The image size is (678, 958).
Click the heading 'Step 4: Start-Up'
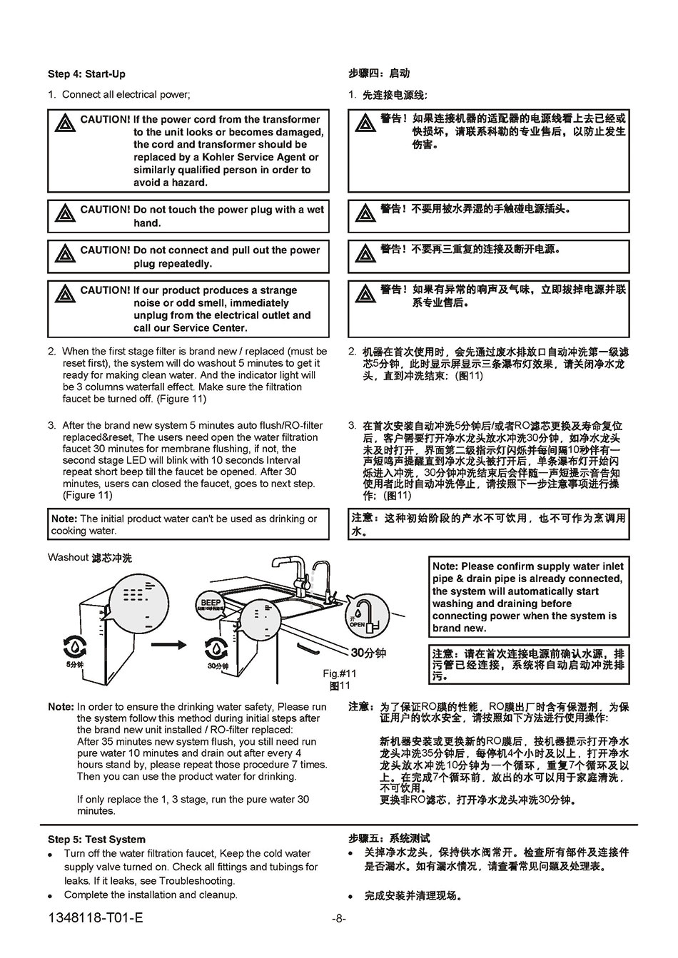(86, 74)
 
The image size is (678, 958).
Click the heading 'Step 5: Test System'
(96, 840)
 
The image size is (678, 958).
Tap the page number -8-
(339, 919)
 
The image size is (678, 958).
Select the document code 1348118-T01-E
(95, 917)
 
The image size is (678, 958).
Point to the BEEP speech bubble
(211, 605)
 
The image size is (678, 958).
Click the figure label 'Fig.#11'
(339, 673)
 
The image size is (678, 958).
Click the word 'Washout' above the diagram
(68, 557)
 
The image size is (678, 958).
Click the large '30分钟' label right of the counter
(368, 652)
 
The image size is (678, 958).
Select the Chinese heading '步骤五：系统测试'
(389, 838)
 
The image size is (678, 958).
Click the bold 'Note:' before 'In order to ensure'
(61, 707)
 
